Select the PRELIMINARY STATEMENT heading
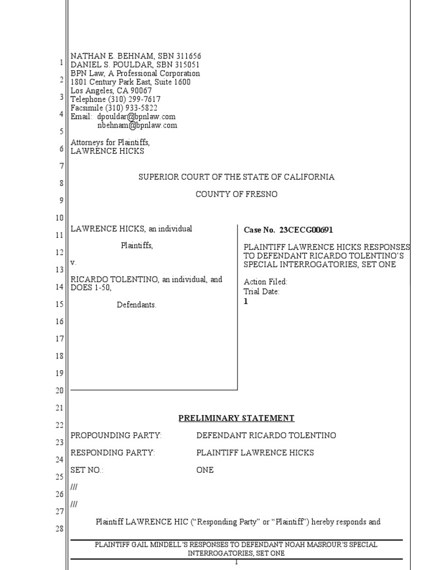point(236,418)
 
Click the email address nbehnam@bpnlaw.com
point(137,125)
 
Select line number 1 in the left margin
point(61,63)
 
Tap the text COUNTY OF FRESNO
point(236,194)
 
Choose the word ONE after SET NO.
point(205,470)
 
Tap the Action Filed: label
point(266,282)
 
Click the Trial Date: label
point(262,292)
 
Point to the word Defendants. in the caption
point(137,304)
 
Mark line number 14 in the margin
point(60,287)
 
